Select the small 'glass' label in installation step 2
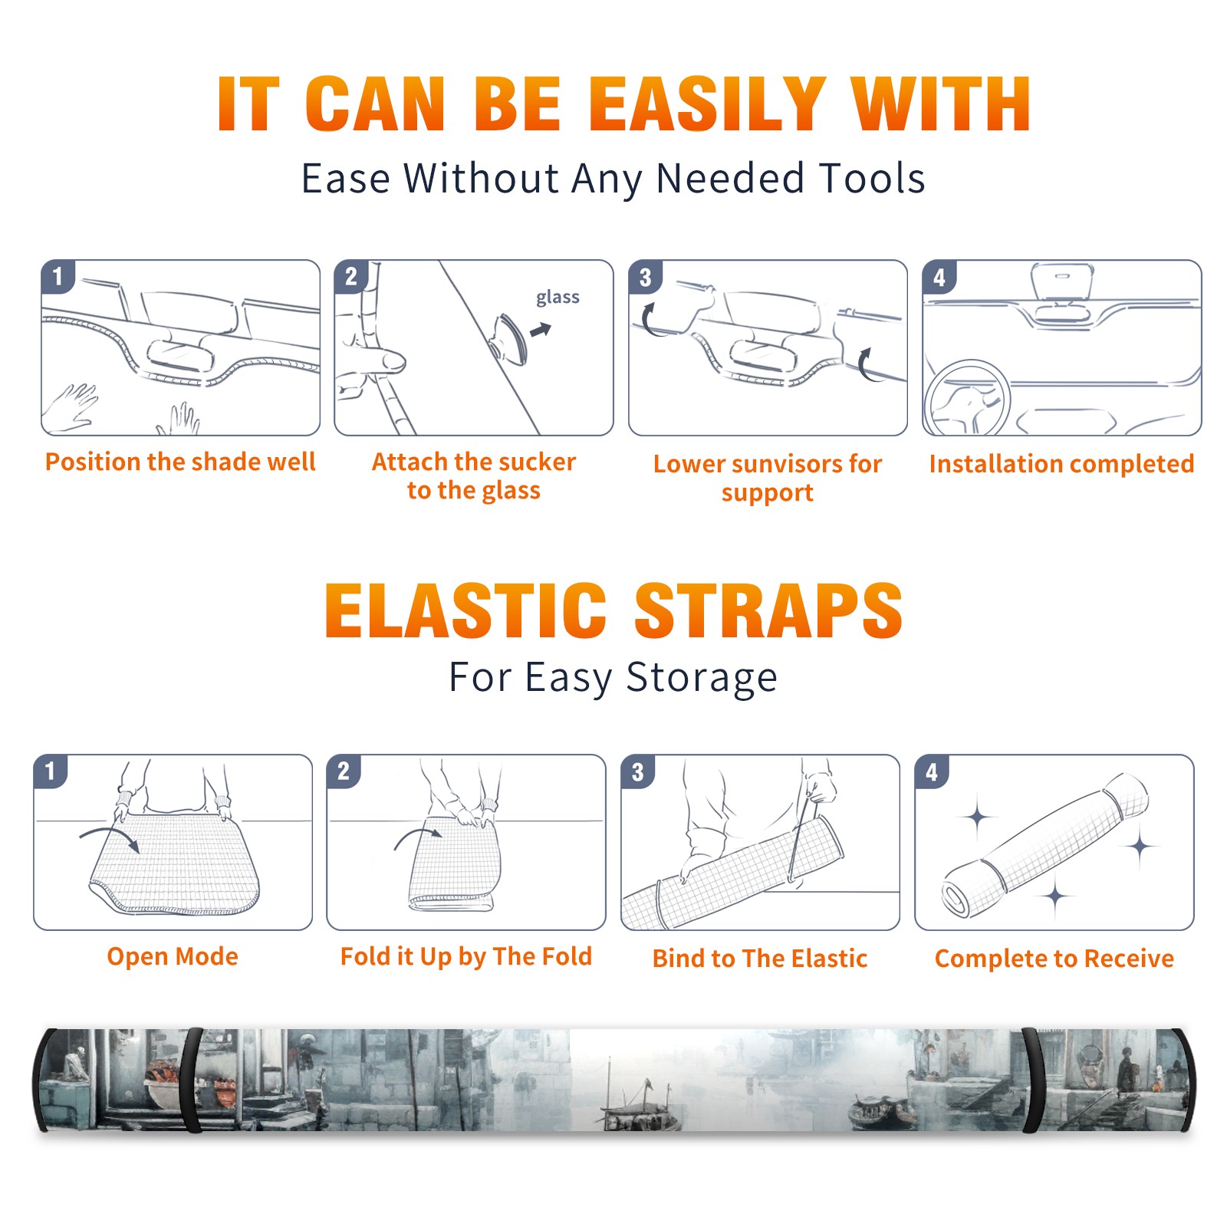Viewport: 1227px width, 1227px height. pyautogui.click(x=558, y=298)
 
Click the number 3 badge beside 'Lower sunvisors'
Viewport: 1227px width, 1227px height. pyautogui.click(x=646, y=278)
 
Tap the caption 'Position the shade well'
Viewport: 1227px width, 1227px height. pyautogui.click(x=180, y=462)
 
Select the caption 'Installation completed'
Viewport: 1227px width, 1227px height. pyautogui.click(x=1061, y=464)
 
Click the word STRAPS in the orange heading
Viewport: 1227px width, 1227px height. pyautogui.click(x=768, y=610)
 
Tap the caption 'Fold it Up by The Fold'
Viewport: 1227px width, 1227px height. pyautogui.click(x=466, y=956)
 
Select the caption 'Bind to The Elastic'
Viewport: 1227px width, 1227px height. pyautogui.click(x=760, y=959)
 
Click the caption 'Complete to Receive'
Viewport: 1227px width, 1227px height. pyautogui.click(x=1054, y=959)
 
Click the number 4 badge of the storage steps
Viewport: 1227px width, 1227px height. pyautogui.click(x=932, y=771)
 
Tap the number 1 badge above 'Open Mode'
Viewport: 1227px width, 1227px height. pyautogui.click(x=51, y=771)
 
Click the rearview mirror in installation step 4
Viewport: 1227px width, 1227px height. pyautogui.click(x=1062, y=281)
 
